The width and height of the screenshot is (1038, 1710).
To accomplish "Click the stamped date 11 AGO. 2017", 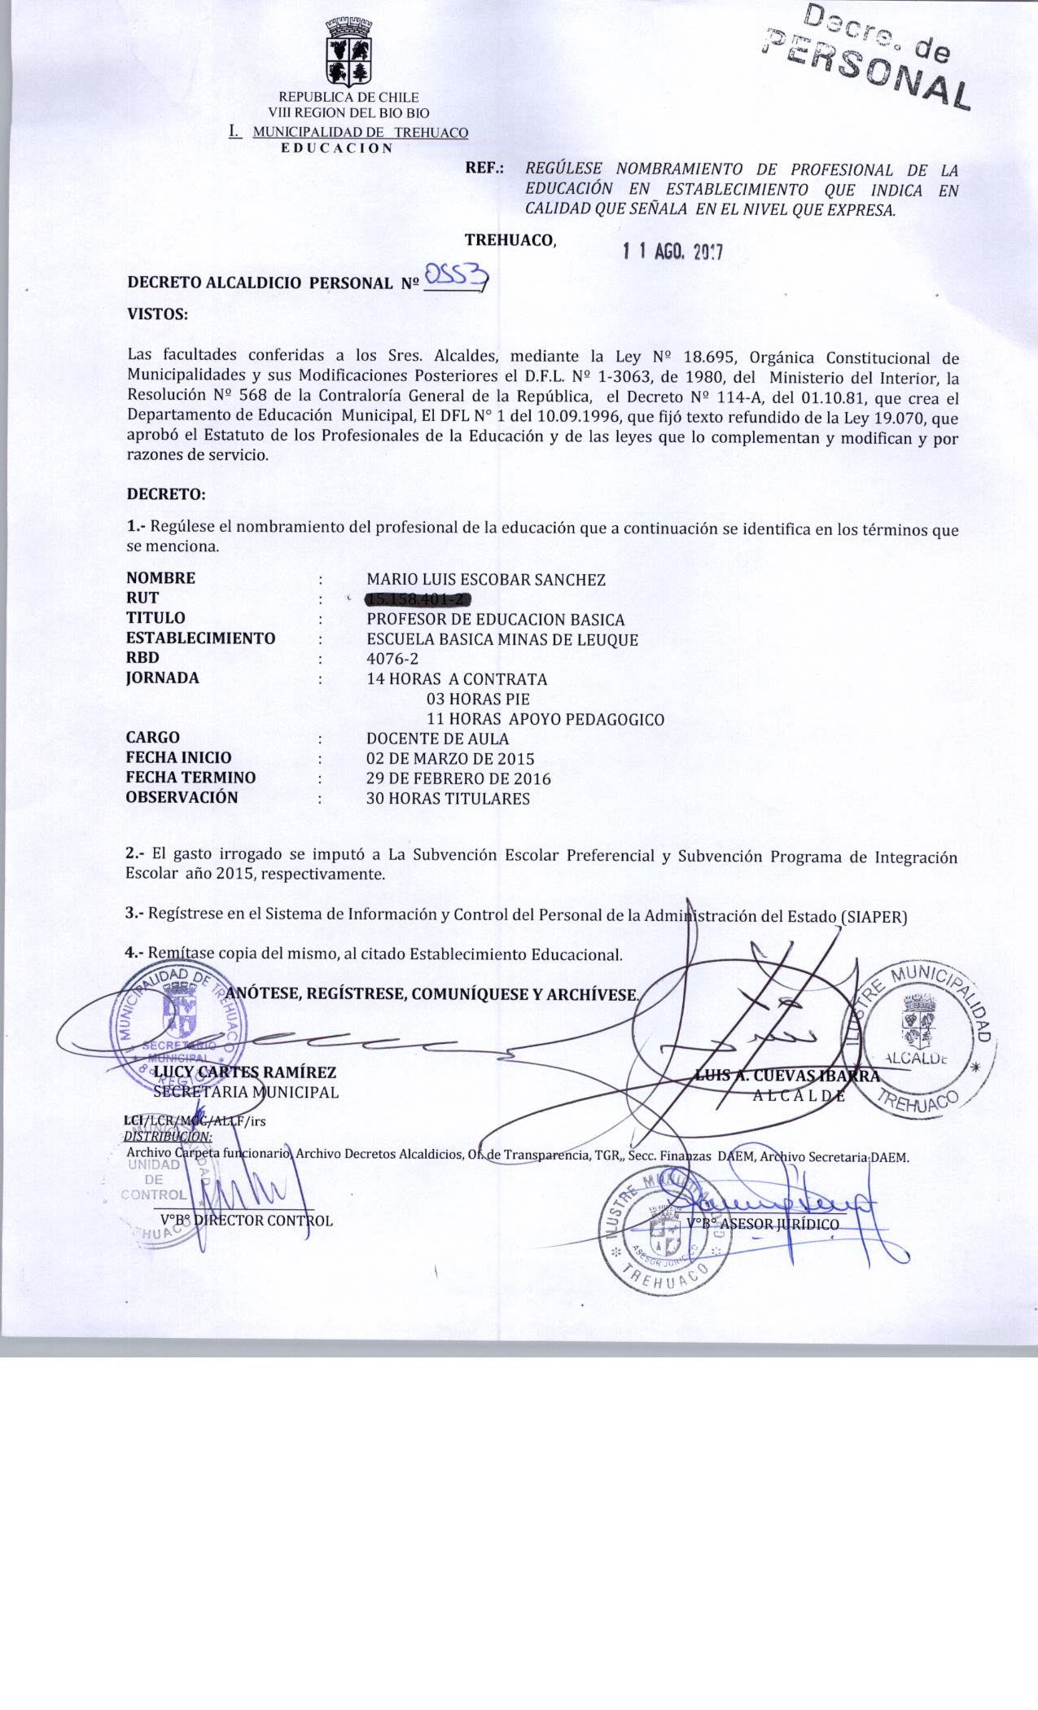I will (x=672, y=252).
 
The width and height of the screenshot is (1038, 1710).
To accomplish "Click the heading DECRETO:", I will (x=166, y=493).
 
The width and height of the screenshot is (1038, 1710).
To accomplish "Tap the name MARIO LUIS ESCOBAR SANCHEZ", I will (x=486, y=579).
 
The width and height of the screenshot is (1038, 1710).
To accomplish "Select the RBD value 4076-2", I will (x=392, y=658).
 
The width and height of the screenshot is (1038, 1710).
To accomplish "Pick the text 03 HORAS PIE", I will (x=478, y=699).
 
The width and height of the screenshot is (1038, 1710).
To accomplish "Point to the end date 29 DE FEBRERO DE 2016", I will (x=458, y=778).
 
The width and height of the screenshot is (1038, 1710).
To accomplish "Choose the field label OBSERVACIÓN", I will (x=182, y=797).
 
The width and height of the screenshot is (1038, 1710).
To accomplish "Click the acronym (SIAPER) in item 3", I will (x=873, y=914).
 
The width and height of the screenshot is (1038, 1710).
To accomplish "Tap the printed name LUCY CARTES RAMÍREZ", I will (x=244, y=1072).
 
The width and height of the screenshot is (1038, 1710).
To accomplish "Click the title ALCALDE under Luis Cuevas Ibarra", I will (x=799, y=1095).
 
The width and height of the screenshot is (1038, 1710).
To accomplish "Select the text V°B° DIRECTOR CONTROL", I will (x=247, y=1220).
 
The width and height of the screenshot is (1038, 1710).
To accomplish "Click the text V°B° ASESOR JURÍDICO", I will (x=762, y=1224).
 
